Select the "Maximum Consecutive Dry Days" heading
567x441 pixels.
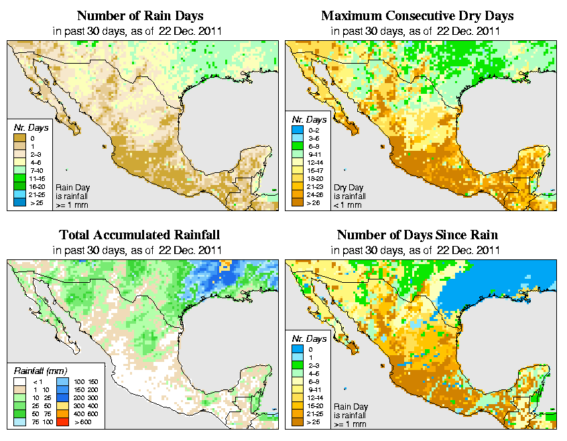[x=417, y=15]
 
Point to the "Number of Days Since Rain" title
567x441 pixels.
[x=417, y=235]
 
